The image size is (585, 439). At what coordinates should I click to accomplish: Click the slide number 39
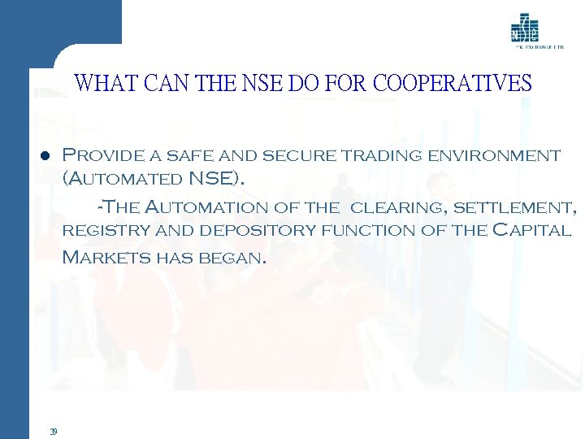click(x=52, y=431)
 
